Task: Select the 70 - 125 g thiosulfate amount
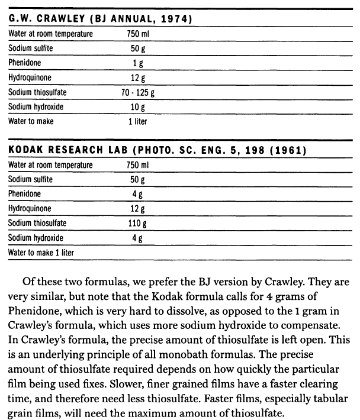pos(137,92)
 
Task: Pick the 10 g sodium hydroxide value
pos(137,107)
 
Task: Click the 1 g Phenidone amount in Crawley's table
pos(137,63)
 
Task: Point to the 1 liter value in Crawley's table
pos(137,122)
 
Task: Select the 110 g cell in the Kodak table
pos(137,224)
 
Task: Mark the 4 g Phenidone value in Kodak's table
pos(137,194)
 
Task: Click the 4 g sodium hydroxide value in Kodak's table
pos(137,238)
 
